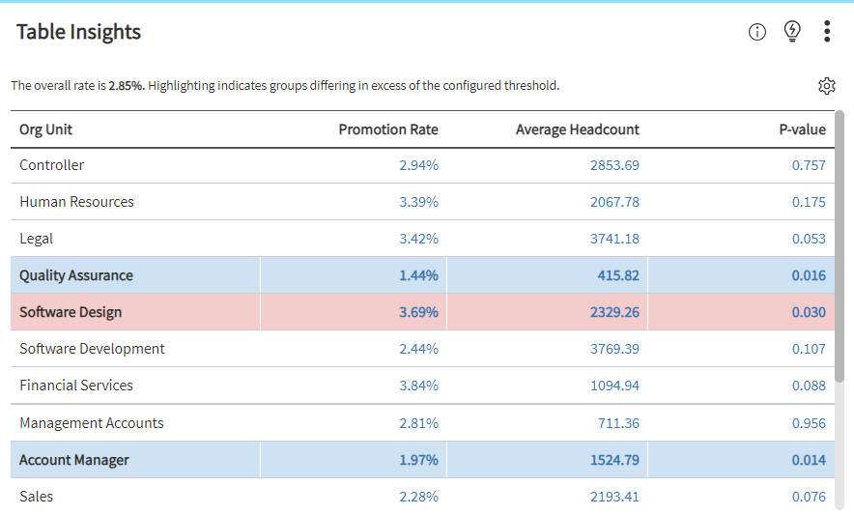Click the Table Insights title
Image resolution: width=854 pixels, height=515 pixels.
(x=78, y=32)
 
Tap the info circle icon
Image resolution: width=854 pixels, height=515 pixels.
(x=757, y=32)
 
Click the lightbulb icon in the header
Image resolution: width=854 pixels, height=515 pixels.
(x=792, y=31)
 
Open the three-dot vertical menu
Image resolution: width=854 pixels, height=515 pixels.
(x=827, y=32)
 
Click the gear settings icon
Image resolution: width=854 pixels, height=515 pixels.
(x=826, y=86)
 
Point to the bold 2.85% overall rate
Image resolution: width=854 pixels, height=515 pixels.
(x=126, y=86)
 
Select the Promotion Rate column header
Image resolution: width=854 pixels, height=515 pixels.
(x=387, y=129)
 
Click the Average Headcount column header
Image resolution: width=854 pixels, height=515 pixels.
(x=577, y=129)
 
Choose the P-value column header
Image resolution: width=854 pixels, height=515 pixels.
(x=802, y=129)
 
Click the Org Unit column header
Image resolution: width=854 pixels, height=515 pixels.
(x=45, y=129)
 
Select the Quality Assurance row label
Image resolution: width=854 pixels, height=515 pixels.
(x=76, y=275)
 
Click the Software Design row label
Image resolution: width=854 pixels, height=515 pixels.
(x=71, y=312)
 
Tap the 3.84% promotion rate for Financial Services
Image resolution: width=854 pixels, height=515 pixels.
(x=418, y=386)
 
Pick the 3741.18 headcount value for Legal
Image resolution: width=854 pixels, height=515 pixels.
(x=614, y=239)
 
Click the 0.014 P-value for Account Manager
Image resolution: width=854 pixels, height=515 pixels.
(x=809, y=460)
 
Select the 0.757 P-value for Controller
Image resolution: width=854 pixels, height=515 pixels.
(x=809, y=165)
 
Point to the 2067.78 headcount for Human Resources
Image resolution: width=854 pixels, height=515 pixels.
(x=614, y=202)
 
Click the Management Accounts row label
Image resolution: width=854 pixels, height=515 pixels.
(x=92, y=423)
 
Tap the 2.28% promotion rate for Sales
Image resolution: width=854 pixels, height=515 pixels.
(x=418, y=497)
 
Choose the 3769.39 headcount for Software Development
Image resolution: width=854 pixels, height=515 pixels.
(x=614, y=349)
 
